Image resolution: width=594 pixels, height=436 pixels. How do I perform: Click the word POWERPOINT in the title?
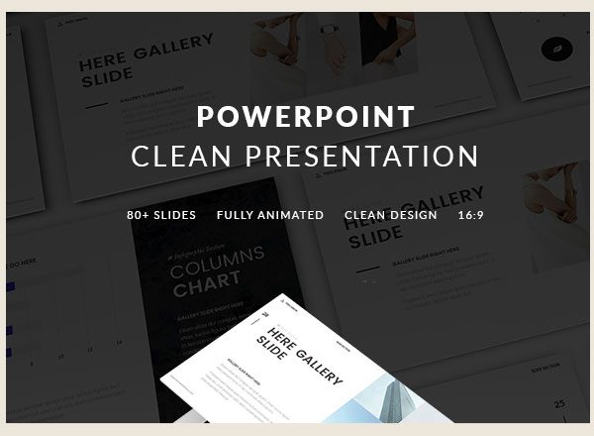pos(305,116)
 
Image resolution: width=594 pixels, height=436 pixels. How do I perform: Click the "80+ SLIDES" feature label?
pos(161,215)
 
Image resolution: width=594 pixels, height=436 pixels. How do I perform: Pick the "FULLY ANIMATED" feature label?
pos(270,215)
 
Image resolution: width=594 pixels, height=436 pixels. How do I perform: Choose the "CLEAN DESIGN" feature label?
pos(391,215)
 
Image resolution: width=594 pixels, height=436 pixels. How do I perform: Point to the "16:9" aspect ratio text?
pos(471,215)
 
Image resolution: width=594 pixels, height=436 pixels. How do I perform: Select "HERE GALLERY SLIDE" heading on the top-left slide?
pos(144,57)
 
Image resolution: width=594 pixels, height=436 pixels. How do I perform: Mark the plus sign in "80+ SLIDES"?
pos(148,215)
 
